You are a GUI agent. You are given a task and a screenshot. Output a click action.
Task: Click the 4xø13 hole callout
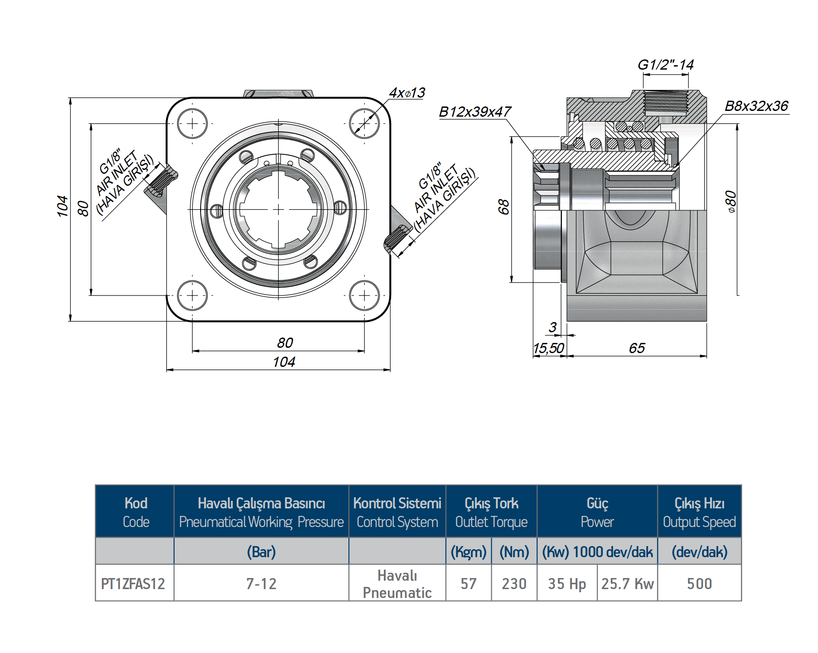pos(407,93)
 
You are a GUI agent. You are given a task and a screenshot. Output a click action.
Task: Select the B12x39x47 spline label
pos(474,112)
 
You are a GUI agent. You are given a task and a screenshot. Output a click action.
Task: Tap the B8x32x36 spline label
pos(756,106)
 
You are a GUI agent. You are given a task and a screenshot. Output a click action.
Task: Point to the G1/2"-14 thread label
pos(665,65)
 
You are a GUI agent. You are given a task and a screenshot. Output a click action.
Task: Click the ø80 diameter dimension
pos(730,202)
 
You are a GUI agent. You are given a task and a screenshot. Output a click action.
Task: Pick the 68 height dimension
pos(503,207)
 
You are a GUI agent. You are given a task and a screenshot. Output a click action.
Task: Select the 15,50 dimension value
pos(548,348)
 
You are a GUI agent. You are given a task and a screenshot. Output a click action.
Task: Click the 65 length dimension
pos(636,348)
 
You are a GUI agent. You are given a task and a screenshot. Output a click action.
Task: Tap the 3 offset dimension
pos(552,327)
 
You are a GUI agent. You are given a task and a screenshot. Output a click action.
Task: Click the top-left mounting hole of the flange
pos(192,123)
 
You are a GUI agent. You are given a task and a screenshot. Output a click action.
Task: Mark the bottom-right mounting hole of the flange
pos(364,295)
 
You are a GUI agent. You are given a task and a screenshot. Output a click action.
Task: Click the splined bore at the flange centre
pos(278,209)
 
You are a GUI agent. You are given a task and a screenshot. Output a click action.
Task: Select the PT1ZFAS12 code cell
pos(133,584)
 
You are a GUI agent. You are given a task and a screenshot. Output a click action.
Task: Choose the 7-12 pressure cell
pos(261,584)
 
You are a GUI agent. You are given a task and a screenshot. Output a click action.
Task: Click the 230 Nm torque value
pos(514,584)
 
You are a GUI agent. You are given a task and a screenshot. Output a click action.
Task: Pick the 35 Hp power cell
pos(567,584)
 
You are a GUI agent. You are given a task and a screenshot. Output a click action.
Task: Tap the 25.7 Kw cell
pos(627,584)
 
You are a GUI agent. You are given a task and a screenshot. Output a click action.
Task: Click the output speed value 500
pos(699,584)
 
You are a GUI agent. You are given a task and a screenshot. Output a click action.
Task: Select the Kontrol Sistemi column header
pos(397,512)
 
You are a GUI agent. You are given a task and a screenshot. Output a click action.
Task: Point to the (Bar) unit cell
pos(261,552)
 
